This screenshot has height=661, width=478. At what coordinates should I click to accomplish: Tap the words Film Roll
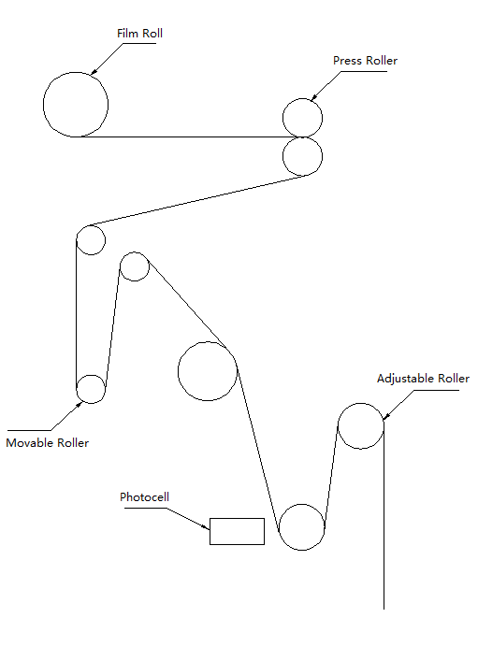coord(139,34)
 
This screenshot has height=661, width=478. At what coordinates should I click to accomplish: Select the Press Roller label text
coord(366,61)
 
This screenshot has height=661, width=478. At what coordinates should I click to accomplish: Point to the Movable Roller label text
coord(48,443)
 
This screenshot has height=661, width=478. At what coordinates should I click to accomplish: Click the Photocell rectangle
coord(237,519)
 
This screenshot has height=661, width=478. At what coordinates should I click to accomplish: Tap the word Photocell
coord(144,497)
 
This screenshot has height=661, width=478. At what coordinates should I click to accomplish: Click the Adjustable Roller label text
coord(423,379)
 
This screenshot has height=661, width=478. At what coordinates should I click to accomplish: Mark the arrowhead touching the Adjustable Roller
coord(386,416)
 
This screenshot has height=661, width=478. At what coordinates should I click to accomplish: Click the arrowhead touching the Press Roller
coord(314,97)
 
